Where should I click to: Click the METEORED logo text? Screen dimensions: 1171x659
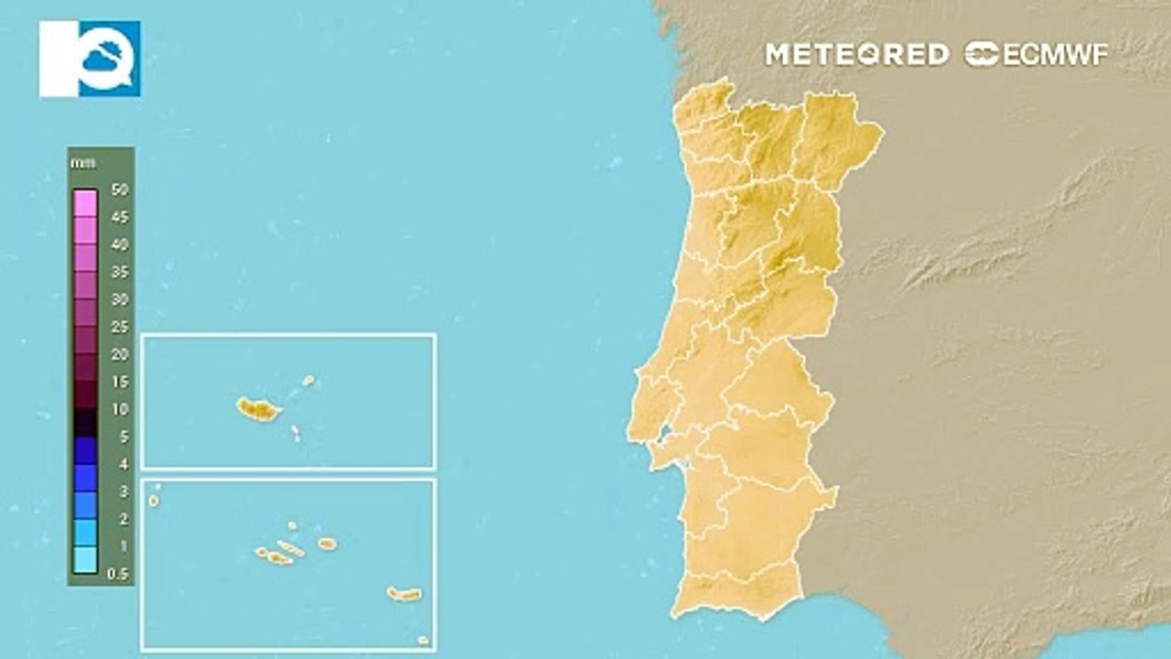pos(856,54)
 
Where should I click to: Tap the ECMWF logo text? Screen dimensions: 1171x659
pos(1036,54)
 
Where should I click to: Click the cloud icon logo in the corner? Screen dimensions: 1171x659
pos(90,59)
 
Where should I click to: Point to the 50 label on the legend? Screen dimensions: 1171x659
pos(119,190)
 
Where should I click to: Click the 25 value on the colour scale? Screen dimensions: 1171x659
pos(119,327)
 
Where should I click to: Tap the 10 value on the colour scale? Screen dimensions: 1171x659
pos(119,409)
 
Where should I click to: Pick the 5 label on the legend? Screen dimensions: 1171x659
pos(123,437)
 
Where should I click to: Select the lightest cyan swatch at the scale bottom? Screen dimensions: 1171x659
pos(85,560)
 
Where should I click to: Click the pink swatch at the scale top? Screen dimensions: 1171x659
pos(85,202)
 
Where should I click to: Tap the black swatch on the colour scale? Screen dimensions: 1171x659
pos(85,422)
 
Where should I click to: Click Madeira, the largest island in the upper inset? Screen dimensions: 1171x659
pos(258,409)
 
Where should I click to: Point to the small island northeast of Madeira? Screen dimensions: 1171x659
pos(308,380)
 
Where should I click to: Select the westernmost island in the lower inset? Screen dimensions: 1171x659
pos(154,500)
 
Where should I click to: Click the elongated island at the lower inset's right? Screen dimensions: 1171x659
pos(403,594)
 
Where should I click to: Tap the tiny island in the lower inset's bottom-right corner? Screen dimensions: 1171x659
pos(423,640)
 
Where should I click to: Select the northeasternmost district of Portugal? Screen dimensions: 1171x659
pos(837,137)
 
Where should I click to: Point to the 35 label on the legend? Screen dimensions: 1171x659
pos(119,272)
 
